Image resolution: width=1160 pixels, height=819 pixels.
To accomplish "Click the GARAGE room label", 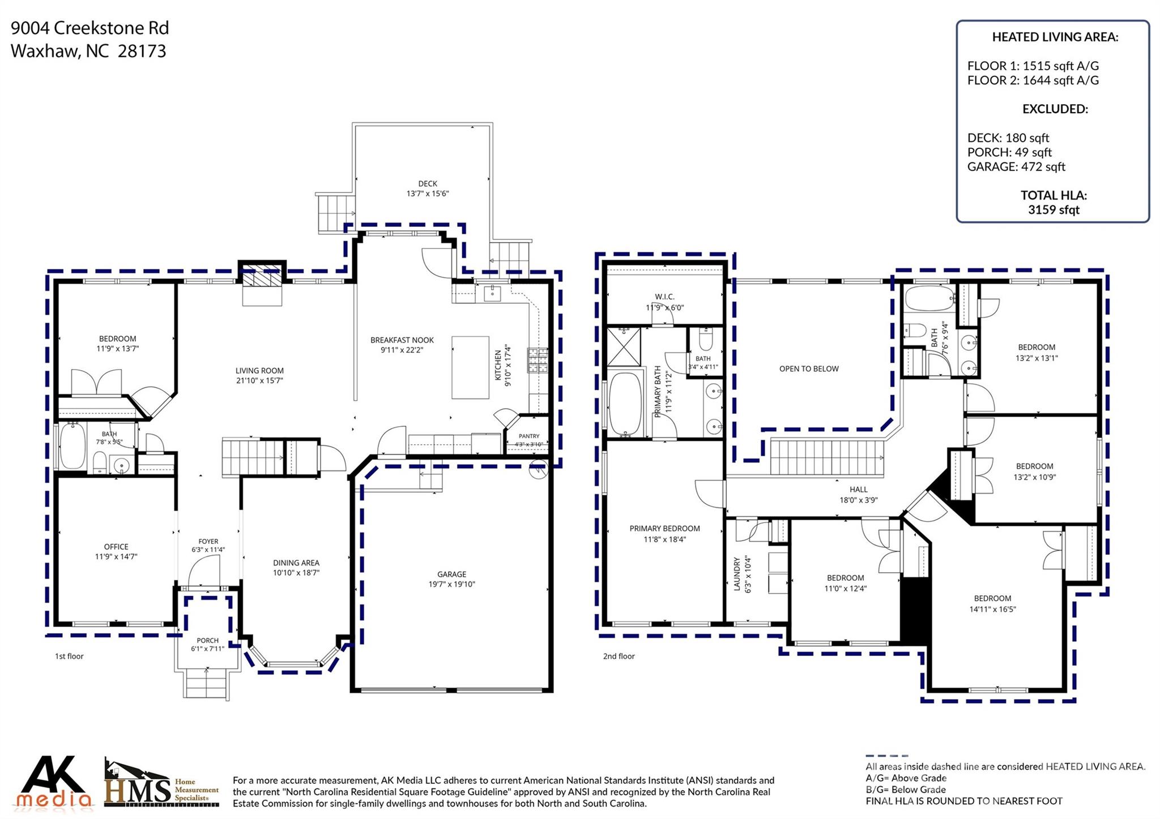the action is point(451,574).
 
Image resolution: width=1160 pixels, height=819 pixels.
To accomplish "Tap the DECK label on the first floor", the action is point(428,183).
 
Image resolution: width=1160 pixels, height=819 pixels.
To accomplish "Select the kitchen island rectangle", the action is point(470,367).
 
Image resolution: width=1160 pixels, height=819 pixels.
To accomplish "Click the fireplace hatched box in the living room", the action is point(262,278).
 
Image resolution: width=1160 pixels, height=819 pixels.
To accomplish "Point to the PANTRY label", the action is point(529,436).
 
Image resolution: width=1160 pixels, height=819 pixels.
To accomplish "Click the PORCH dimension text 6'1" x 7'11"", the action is point(208,649).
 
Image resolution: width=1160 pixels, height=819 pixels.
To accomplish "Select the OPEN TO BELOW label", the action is point(809,369).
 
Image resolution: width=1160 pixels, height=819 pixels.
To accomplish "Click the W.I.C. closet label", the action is point(664,297).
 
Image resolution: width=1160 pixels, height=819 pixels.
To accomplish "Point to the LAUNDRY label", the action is point(737,574).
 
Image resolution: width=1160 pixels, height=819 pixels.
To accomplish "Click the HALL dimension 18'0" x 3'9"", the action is point(859,500).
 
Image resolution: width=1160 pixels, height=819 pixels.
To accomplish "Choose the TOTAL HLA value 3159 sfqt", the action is point(1054,210).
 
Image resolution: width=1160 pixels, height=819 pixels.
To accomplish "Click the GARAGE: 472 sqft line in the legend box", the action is point(1016,167).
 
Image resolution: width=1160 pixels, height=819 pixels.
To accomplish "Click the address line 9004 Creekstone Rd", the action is point(89,28).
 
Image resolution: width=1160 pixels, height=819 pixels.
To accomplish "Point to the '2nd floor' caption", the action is point(619,657).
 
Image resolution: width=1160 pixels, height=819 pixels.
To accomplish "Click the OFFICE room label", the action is point(116,547).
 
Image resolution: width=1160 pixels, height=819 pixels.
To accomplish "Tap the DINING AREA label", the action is point(296,563).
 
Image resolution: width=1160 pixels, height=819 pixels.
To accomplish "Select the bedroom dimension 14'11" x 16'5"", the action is point(992,609).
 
